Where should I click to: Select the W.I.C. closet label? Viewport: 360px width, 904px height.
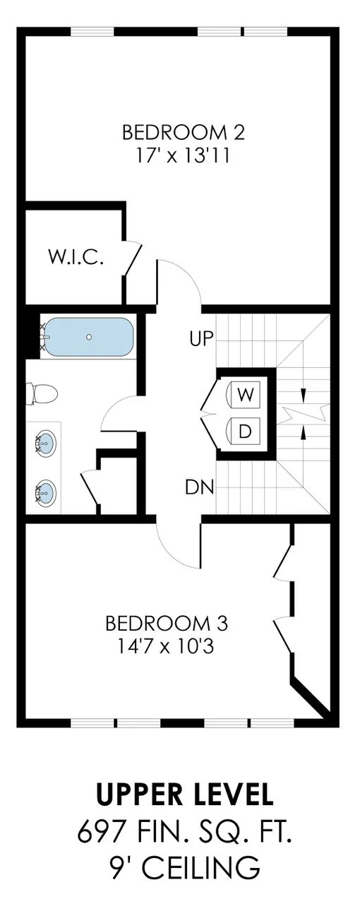coord(76,258)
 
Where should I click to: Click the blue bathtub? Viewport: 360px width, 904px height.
coord(89,337)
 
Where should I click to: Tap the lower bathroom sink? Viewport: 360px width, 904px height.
coord(44,489)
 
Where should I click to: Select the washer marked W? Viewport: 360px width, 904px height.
coord(245,394)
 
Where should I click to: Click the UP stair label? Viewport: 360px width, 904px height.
coord(200,340)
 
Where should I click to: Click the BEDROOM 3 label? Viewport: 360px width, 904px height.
coord(167,624)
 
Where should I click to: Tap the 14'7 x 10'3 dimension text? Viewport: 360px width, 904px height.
coord(167,646)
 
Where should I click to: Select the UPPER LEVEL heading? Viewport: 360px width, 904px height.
coord(185,795)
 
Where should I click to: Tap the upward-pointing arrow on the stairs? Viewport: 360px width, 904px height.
coord(303,432)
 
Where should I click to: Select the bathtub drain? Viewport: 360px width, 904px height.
coord(89,337)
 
